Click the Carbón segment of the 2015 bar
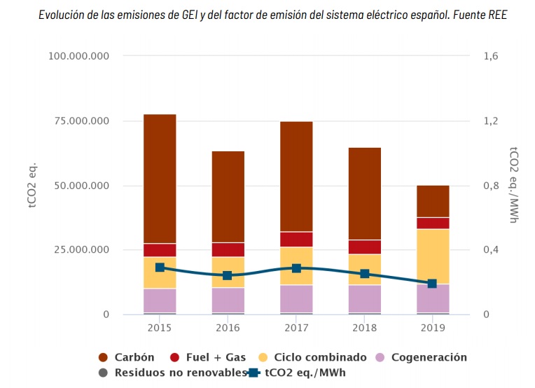pos(160,179)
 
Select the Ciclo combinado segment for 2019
pos(433,256)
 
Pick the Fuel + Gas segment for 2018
pos(364,247)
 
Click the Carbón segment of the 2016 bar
pos(228,197)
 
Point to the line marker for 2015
pos(160,268)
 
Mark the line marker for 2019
pos(432,284)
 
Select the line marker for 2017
pos(296,268)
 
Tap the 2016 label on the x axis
pos(228,328)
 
